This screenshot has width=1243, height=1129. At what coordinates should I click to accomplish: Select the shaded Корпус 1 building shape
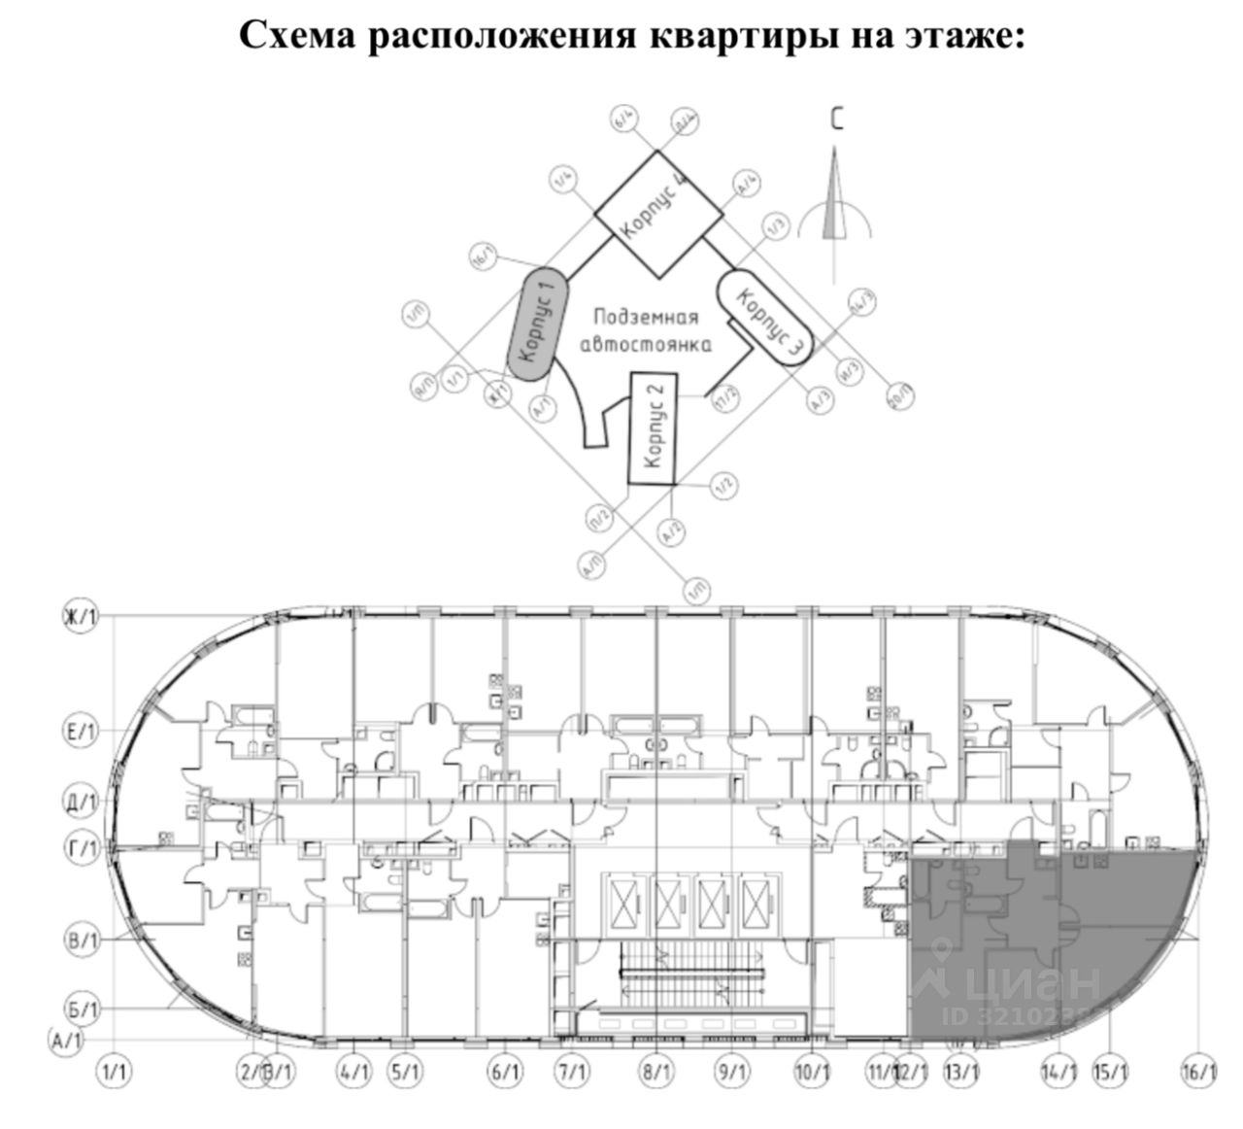tap(537, 319)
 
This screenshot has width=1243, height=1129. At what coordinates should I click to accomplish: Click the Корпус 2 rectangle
tap(654, 428)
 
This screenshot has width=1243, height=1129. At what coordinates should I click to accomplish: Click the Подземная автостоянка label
tap(646, 331)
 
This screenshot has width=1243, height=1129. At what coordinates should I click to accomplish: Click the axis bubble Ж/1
tap(83, 619)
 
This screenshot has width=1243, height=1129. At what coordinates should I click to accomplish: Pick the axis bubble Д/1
tap(83, 803)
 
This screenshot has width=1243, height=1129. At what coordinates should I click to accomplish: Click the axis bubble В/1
tap(83, 940)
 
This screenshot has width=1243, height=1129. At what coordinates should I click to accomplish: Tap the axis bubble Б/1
tap(83, 1009)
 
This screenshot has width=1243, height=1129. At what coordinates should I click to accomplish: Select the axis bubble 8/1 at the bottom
tap(656, 1073)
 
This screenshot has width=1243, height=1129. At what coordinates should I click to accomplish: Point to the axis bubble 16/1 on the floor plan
tap(1200, 1073)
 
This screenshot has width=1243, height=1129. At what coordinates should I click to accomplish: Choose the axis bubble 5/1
tap(405, 1073)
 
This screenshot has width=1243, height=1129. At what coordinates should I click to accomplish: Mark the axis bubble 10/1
tap(812, 1073)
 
